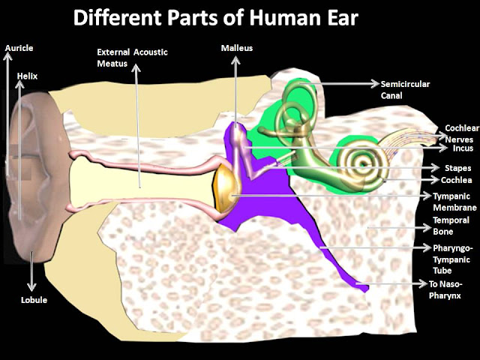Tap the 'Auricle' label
click(19, 48)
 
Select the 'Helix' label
click(27, 76)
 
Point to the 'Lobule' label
click(34, 300)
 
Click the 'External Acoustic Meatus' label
click(132, 57)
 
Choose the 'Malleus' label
click(236, 48)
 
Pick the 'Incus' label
click(458, 148)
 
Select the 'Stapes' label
click(457, 168)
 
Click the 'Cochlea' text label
click(457, 180)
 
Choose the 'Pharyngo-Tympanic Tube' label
click(452, 256)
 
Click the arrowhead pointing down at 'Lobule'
click(32, 288)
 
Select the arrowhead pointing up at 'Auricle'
click(7, 56)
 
